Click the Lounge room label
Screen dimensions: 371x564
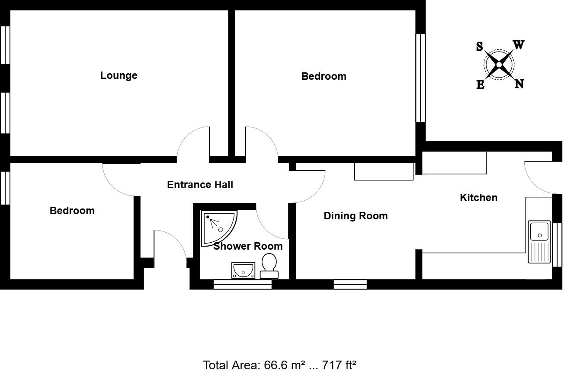pos(119,75)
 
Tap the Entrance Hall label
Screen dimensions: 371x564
pos(200,185)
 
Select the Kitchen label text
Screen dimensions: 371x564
pos(478,198)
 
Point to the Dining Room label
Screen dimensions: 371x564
pos(356,216)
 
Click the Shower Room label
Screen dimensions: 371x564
pos(248,246)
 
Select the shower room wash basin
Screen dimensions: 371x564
pos(243,270)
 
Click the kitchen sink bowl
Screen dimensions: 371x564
pos(539,231)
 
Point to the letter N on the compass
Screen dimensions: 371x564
pos(519,84)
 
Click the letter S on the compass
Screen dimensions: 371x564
pos(480,47)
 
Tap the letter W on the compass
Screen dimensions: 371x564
pos(519,45)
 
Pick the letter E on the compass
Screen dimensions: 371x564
pos(480,85)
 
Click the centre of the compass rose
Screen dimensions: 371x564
pos(499,65)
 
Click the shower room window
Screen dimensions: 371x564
pos(243,284)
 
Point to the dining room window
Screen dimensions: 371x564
pos(350,284)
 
